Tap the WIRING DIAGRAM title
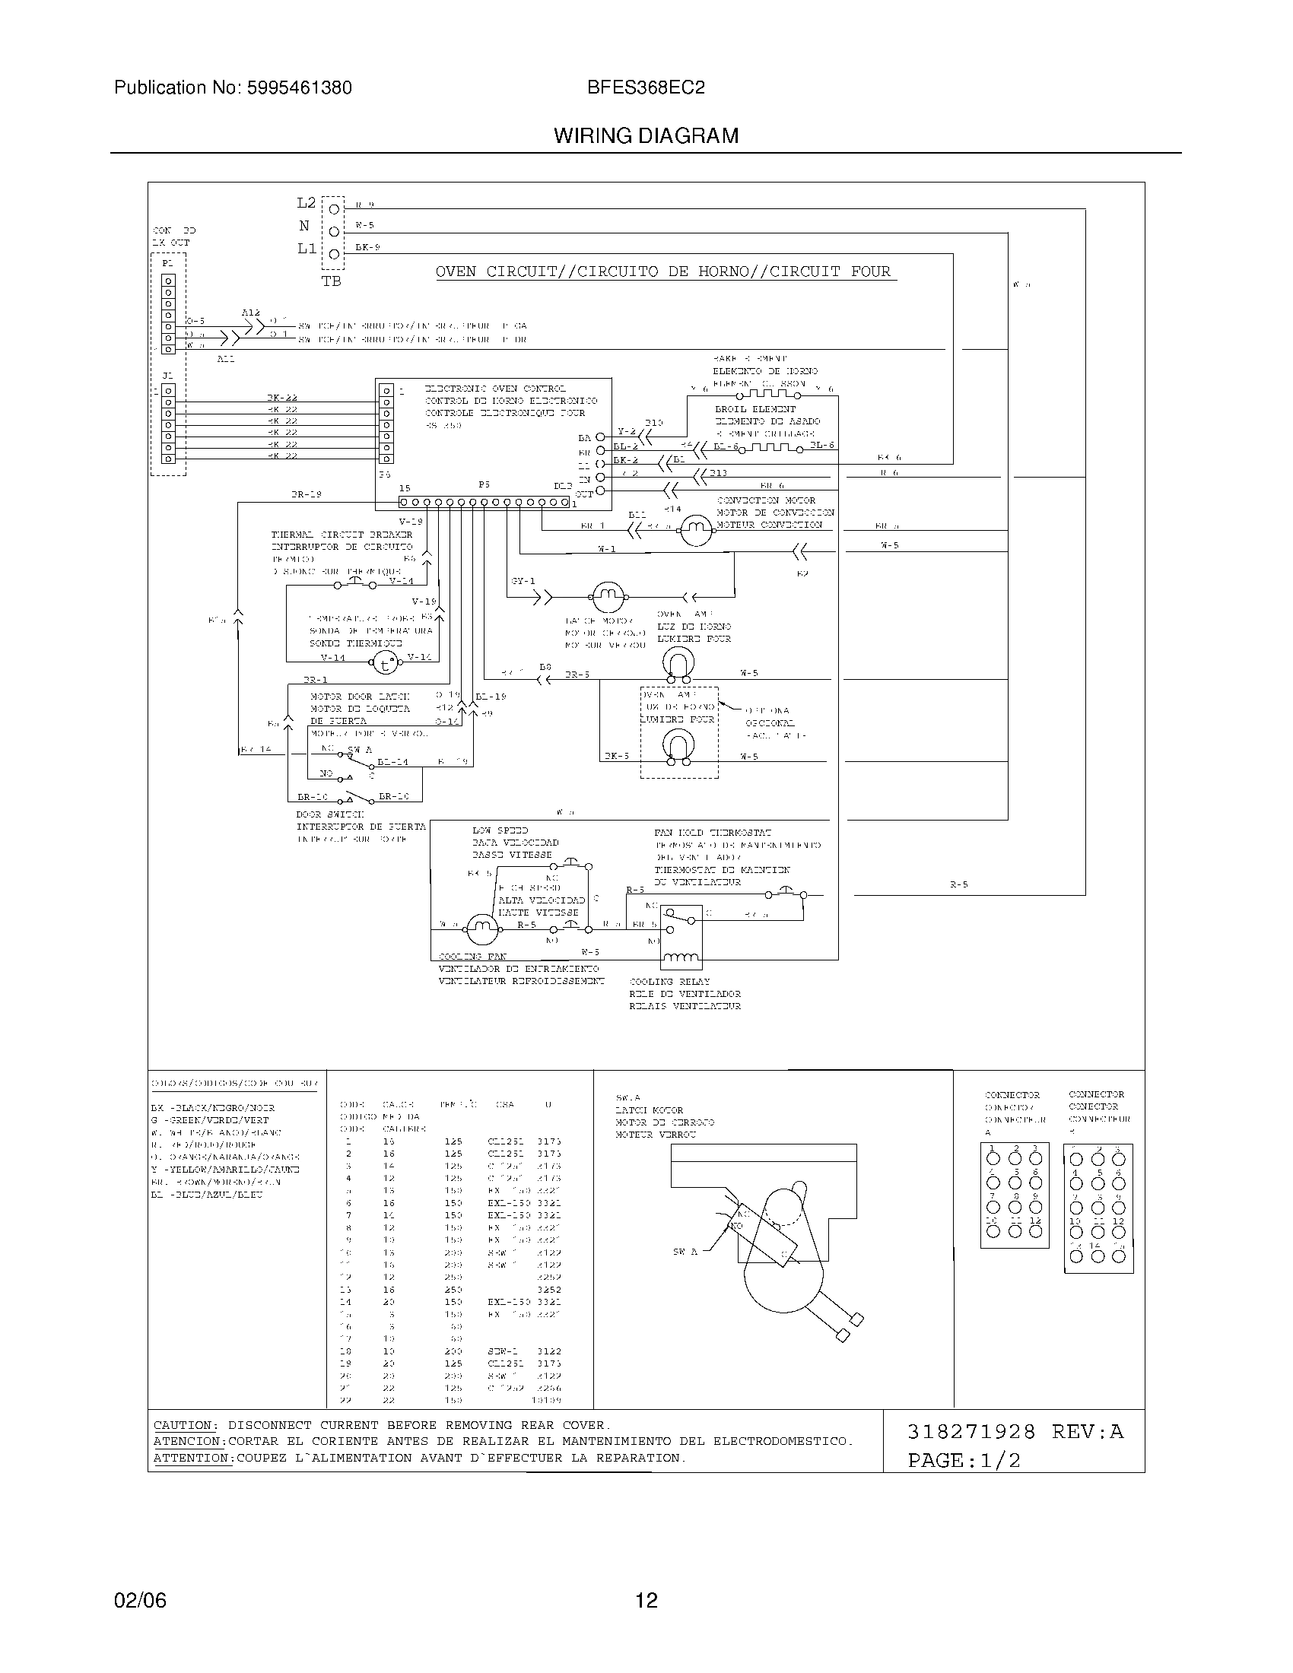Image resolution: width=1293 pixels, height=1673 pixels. point(646,136)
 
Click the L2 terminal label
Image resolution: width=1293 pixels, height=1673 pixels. point(306,203)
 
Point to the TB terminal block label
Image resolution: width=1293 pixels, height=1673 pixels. point(331,281)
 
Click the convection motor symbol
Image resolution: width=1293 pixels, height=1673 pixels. point(696,529)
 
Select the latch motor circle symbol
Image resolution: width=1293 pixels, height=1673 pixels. point(608,596)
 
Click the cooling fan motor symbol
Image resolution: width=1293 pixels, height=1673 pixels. point(481,930)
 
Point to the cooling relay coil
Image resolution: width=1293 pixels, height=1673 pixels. point(680,957)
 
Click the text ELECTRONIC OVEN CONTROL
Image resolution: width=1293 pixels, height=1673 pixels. point(495,389)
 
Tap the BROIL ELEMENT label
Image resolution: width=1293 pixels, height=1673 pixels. point(755,409)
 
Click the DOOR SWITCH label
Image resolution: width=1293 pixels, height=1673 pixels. point(330,814)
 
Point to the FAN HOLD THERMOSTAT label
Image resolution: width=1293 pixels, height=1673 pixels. point(713,833)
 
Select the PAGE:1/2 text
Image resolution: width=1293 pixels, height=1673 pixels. point(964,1460)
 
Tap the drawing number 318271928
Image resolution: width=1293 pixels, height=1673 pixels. point(971,1432)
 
